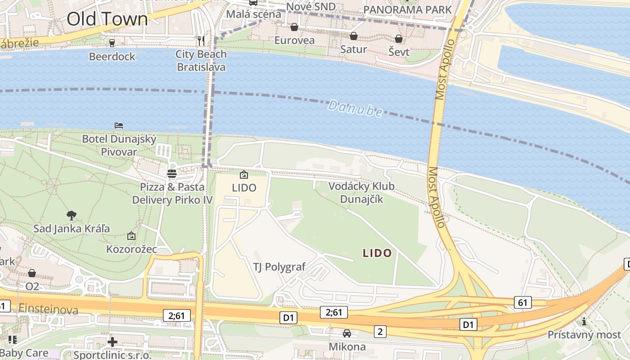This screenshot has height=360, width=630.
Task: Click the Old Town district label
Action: point(107,19)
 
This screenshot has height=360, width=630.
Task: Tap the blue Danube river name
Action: point(355,108)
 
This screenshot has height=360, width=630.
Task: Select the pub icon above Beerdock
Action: point(112,43)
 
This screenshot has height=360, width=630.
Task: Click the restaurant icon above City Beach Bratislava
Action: point(201,41)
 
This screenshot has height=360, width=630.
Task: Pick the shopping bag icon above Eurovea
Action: point(294,27)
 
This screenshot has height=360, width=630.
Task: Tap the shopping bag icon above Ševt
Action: point(399,39)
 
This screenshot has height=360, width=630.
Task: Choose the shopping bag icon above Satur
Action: point(354,36)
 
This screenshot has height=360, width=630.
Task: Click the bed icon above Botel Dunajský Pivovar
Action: point(119,126)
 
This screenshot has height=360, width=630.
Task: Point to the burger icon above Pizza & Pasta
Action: point(171,173)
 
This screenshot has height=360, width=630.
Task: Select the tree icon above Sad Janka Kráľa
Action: point(71,215)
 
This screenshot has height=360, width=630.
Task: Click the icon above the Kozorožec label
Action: point(131,236)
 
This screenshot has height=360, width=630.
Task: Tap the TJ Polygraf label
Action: point(279,267)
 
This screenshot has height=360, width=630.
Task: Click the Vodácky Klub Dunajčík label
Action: point(361,192)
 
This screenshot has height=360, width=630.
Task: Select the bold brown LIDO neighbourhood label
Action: point(377,253)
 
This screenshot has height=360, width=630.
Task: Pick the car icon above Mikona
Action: point(346,333)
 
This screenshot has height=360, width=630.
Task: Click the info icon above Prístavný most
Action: point(584,321)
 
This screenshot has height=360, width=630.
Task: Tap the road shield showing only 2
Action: point(380,332)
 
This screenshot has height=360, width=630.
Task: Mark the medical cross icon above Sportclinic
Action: point(112,342)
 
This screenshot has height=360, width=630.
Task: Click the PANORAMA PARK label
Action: point(407,9)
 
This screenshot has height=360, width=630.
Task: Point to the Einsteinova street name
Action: point(49,310)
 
